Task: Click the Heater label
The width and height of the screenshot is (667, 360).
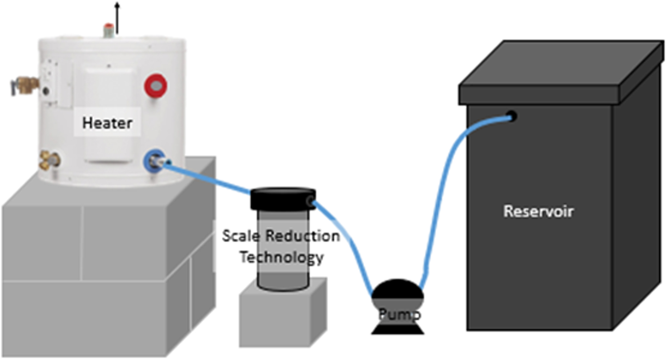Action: click(107, 123)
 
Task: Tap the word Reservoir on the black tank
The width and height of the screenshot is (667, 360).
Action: click(538, 211)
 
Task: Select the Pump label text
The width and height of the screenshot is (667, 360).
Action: click(400, 315)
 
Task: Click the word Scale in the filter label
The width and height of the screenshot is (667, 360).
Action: click(241, 236)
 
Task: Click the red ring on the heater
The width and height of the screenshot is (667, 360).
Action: click(156, 85)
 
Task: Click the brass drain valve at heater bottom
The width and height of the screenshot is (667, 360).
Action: click(50, 161)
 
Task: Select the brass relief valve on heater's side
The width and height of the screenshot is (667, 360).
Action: click(25, 85)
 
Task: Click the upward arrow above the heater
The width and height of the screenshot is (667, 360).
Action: click(117, 18)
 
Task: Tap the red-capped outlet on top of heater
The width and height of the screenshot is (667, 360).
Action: click(108, 30)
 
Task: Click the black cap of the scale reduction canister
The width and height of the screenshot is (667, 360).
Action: click(283, 198)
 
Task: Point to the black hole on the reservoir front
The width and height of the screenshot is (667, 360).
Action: click(511, 116)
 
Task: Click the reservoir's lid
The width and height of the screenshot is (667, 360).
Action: click(561, 73)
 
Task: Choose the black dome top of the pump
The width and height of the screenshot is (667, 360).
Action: click(398, 289)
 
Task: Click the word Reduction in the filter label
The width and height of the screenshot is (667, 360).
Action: click(302, 236)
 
